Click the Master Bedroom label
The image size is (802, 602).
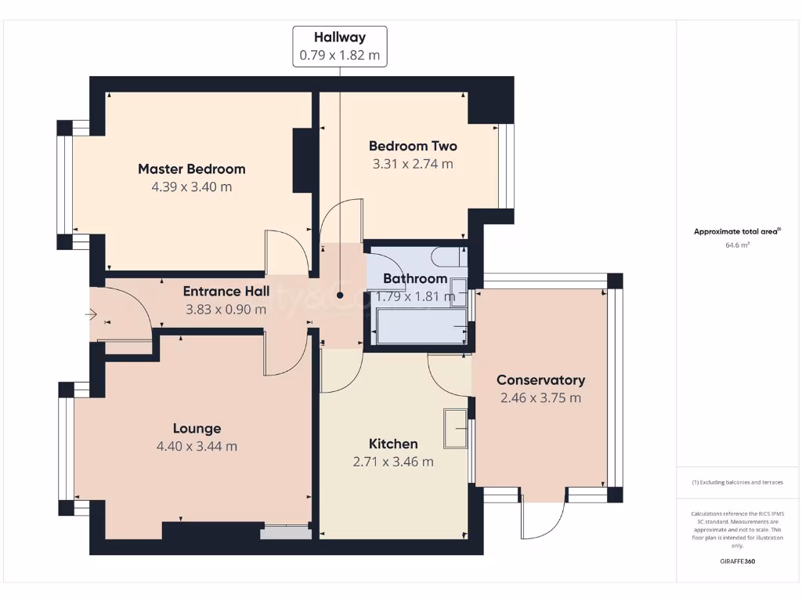[x=191, y=169]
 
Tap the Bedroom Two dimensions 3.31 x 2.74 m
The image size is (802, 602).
[x=413, y=165]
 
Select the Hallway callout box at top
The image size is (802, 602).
[x=340, y=46]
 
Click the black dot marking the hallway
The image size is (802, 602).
[x=340, y=296]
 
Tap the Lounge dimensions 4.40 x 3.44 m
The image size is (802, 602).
[x=197, y=447]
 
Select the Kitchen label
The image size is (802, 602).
[x=393, y=444]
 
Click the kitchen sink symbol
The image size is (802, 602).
[x=455, y=429]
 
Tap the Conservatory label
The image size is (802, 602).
[x=540, y=380]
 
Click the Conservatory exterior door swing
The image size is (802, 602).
[x=543, y=520]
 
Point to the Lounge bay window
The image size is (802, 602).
[x=66, y=448]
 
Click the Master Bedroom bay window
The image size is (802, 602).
[x=65, y=185]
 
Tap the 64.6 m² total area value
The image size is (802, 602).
[x=737, y=245]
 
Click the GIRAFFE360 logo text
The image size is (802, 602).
[x=737, y=561]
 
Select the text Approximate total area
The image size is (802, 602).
[x=736, y=231]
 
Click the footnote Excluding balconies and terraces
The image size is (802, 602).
[x=737, y=482]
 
